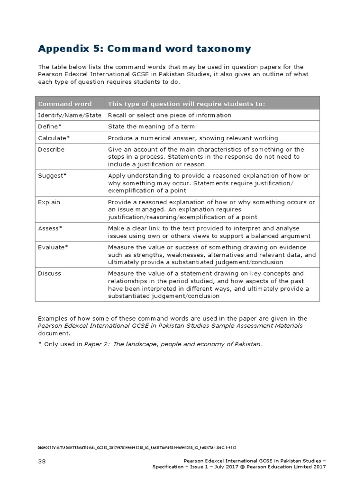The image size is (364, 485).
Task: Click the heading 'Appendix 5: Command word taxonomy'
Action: tap(145, 49)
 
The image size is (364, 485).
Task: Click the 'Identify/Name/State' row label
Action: tap(69, 115)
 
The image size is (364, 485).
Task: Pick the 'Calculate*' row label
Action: tap(54, 138)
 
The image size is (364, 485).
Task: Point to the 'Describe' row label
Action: tap(51, 149)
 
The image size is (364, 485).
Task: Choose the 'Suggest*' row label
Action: tap(52, 175)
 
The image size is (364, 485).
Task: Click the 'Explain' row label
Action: tap(49, 202)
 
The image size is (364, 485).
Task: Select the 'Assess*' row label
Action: tap(50, 228)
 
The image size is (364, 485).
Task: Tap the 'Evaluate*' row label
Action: tap(53, 247)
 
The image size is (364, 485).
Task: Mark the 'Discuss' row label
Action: tap(50, 273)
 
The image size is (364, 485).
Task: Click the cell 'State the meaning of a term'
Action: tap(151, 126)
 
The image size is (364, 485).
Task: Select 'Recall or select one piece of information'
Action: tap(170, 115)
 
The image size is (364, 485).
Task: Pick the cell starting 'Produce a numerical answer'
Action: tap(193, 138)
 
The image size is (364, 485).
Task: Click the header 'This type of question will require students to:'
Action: tap(187, 104)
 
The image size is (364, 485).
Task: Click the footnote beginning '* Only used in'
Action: tap(150, 344)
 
